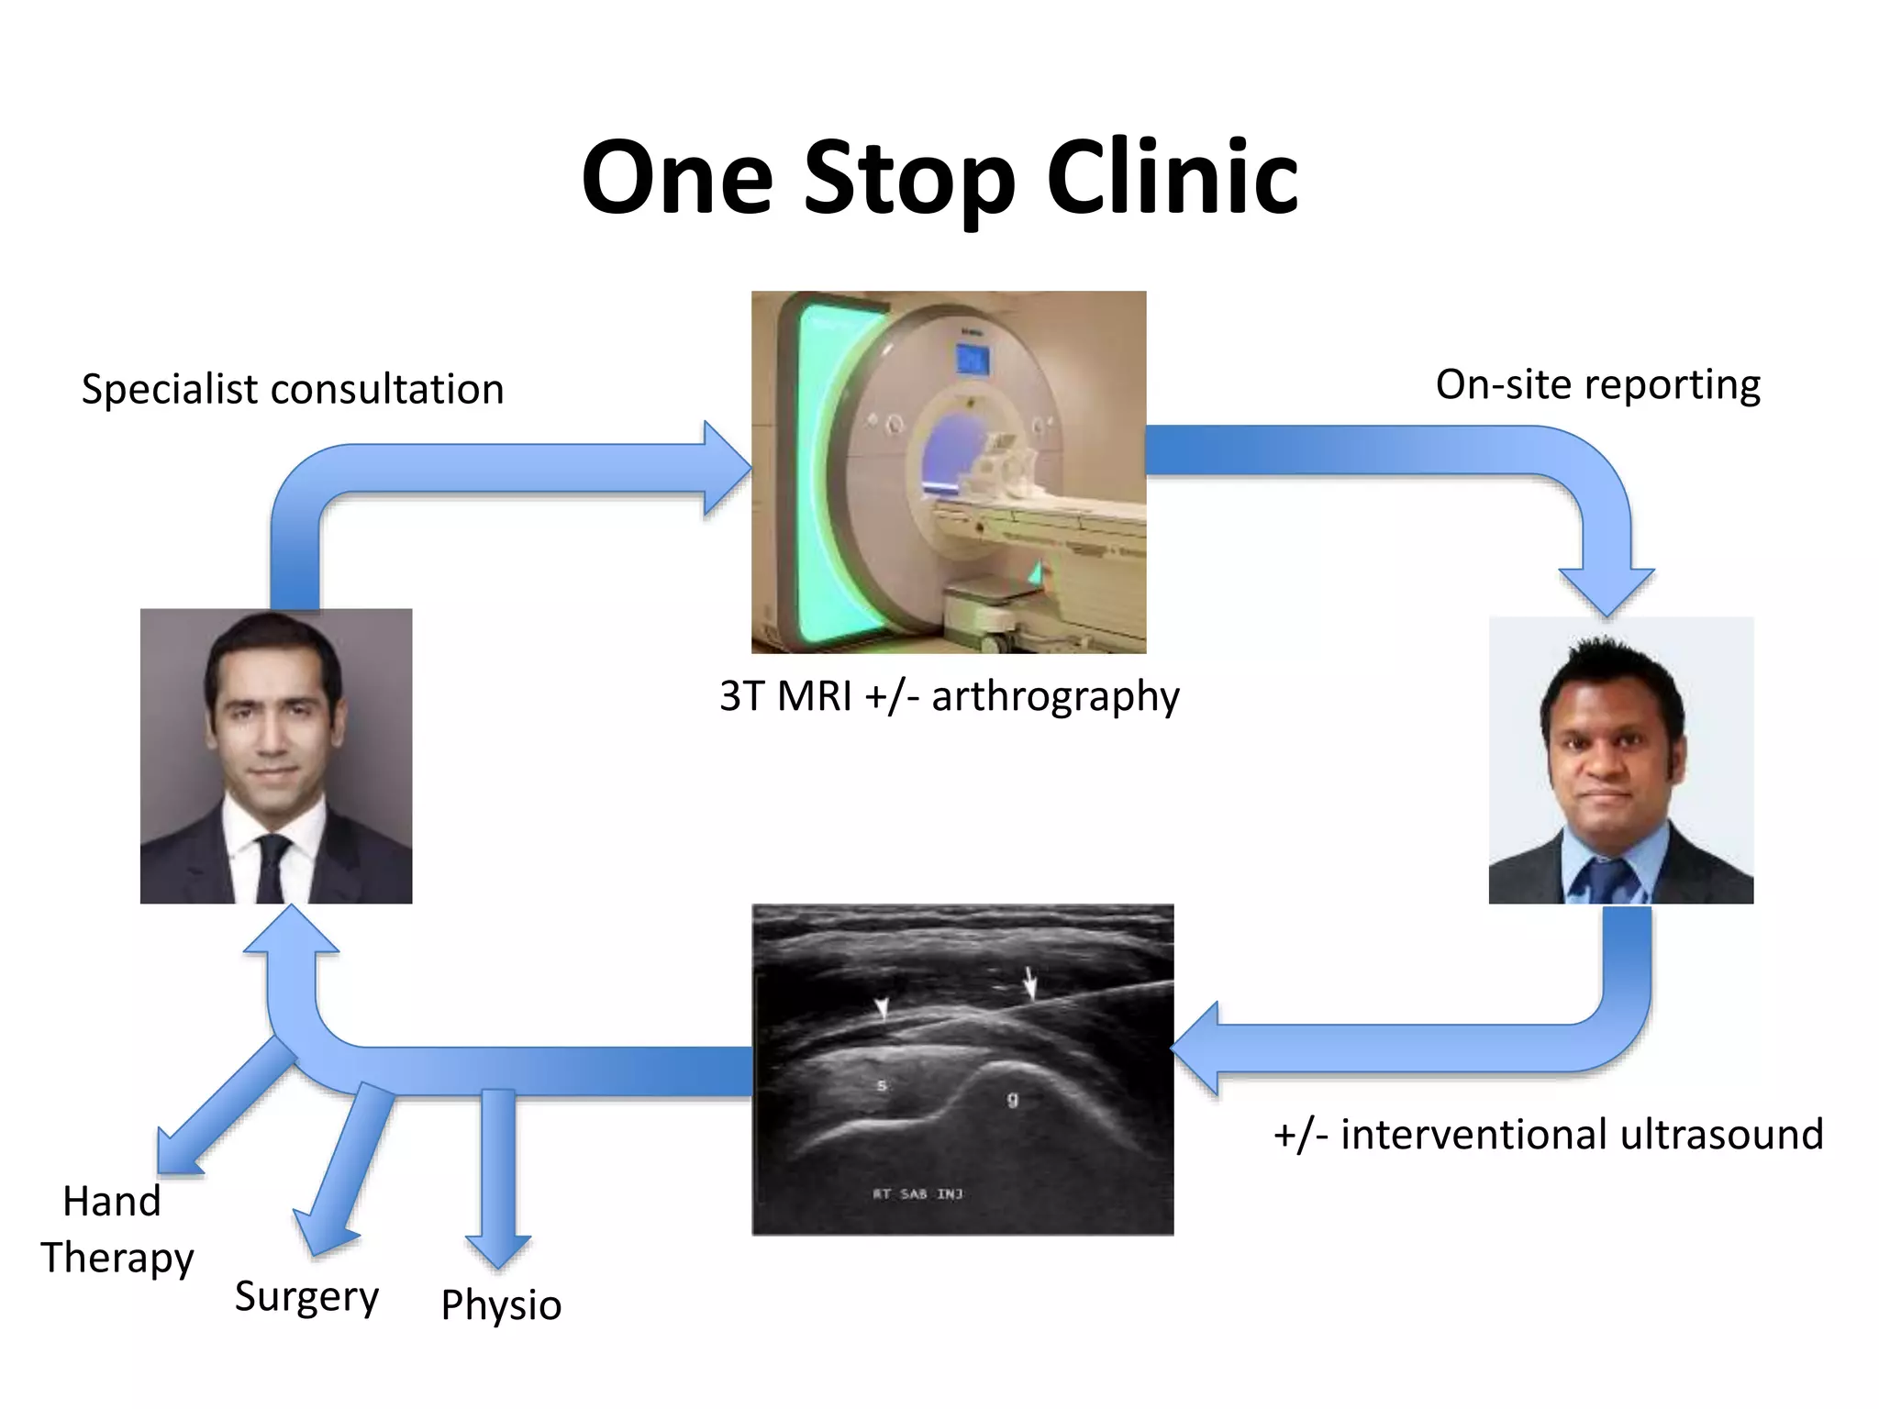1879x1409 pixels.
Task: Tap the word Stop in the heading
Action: click(x=909, y=179)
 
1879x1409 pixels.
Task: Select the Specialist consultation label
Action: click(x=293, y=389)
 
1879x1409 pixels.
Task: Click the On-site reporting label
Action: click(x=1597, y=384)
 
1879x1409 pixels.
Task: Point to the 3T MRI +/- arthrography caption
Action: click(x=949, y=696)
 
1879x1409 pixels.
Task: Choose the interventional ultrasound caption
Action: click(x=1548, y=1135)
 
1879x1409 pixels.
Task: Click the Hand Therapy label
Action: click(x=116, y=1229)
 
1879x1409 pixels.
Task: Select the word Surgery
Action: click(x=306, y=1297)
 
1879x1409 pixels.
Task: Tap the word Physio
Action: click(x=501, y=1305)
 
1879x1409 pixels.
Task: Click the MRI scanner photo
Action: click(x=949, y=472)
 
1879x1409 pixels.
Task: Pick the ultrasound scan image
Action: click(x=962, y=1070)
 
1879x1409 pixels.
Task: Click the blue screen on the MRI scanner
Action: click(x=971, y=359)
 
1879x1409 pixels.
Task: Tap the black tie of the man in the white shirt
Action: click(x=272, y=866)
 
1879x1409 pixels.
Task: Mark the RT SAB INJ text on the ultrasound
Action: click(x=917, y=1193)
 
